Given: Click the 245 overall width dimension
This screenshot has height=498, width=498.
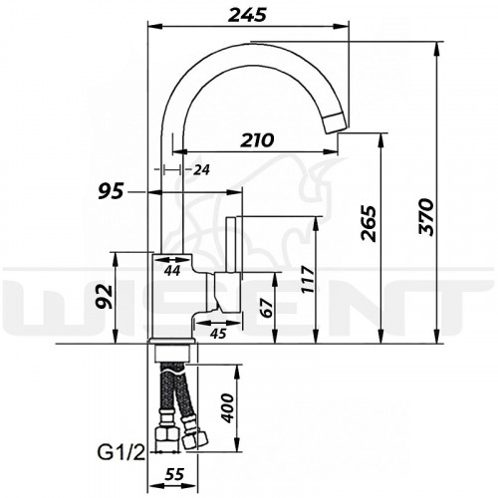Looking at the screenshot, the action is (x=247, y=15).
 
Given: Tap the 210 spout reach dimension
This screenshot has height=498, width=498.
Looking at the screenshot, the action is (x=257, y=140).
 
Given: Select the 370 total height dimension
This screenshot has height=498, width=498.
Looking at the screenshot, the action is (x=426, y=217).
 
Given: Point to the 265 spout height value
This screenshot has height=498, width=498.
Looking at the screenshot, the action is (x=369, y=223).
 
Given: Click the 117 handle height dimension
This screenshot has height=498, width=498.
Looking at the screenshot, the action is (x=308, y=279).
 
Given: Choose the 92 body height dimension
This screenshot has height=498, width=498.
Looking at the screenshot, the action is (x=106, y=296).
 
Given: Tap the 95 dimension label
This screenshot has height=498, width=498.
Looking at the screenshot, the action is (x=111, y=191).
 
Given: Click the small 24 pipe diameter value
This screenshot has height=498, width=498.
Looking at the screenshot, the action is (x=201, y=170).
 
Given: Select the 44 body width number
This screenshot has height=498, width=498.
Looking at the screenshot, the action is (x=172, y=271).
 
